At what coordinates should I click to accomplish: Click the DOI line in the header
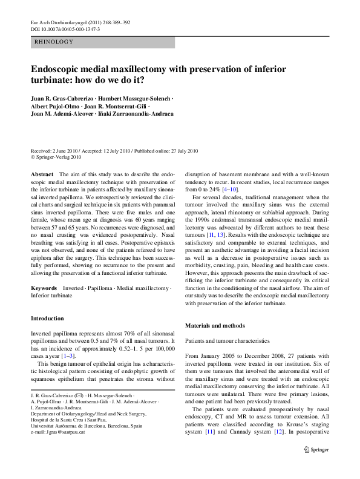pyautogui.click(x=65, y=29)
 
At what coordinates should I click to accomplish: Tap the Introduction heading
pyautogui.click(x=47, y=319)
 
